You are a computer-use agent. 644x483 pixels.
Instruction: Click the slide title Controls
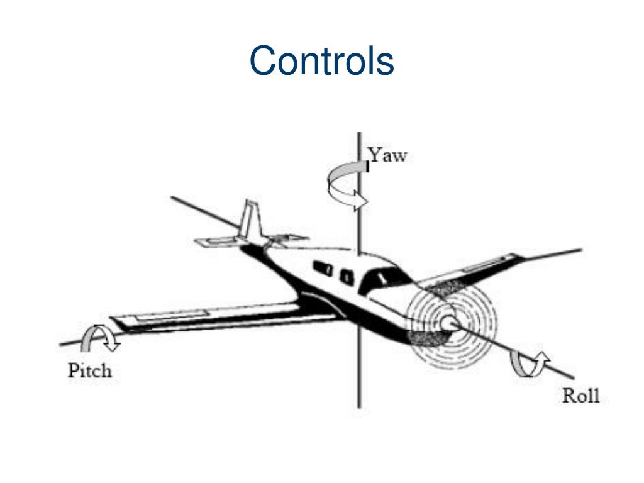click(321, 61)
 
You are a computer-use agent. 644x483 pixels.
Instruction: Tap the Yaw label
click(388, 155)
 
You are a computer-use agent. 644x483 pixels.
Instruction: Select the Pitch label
click(89, 370)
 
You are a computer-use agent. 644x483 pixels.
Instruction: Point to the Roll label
click(580, 396)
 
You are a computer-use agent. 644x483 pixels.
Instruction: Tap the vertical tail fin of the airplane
click(248, 220)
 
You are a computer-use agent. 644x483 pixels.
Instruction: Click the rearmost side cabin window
click(323, 267)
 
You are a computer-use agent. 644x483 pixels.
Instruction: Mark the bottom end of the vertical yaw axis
click(359, 406)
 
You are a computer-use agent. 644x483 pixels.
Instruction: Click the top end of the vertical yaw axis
click(359, 133)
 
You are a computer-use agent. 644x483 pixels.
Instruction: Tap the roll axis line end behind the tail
click(172, 198)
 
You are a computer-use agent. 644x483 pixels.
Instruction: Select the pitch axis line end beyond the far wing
click(580, 250)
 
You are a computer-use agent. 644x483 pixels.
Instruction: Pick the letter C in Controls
click(263, 62)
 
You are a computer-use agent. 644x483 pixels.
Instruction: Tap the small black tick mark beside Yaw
click(367, 166)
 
